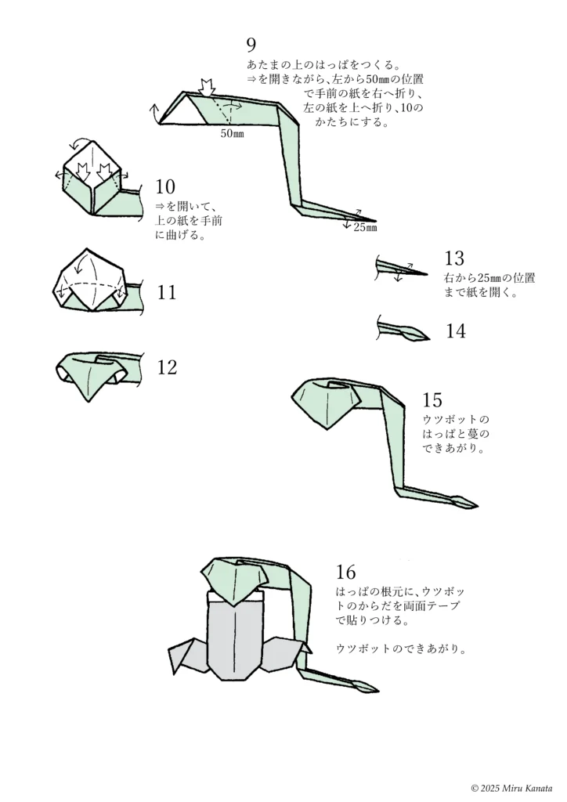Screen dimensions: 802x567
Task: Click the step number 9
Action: [251, 45]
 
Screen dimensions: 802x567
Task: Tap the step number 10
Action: [165, 186]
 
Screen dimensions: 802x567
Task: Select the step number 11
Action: [167, 293]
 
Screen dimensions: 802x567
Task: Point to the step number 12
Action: [167, 367]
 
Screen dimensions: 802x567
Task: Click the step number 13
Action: [454, 258]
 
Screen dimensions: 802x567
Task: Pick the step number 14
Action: [456, 331]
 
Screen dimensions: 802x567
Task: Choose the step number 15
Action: [432, 400]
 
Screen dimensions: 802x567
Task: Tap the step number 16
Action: [346, 572]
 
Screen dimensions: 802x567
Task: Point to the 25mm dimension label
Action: [365, 228]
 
